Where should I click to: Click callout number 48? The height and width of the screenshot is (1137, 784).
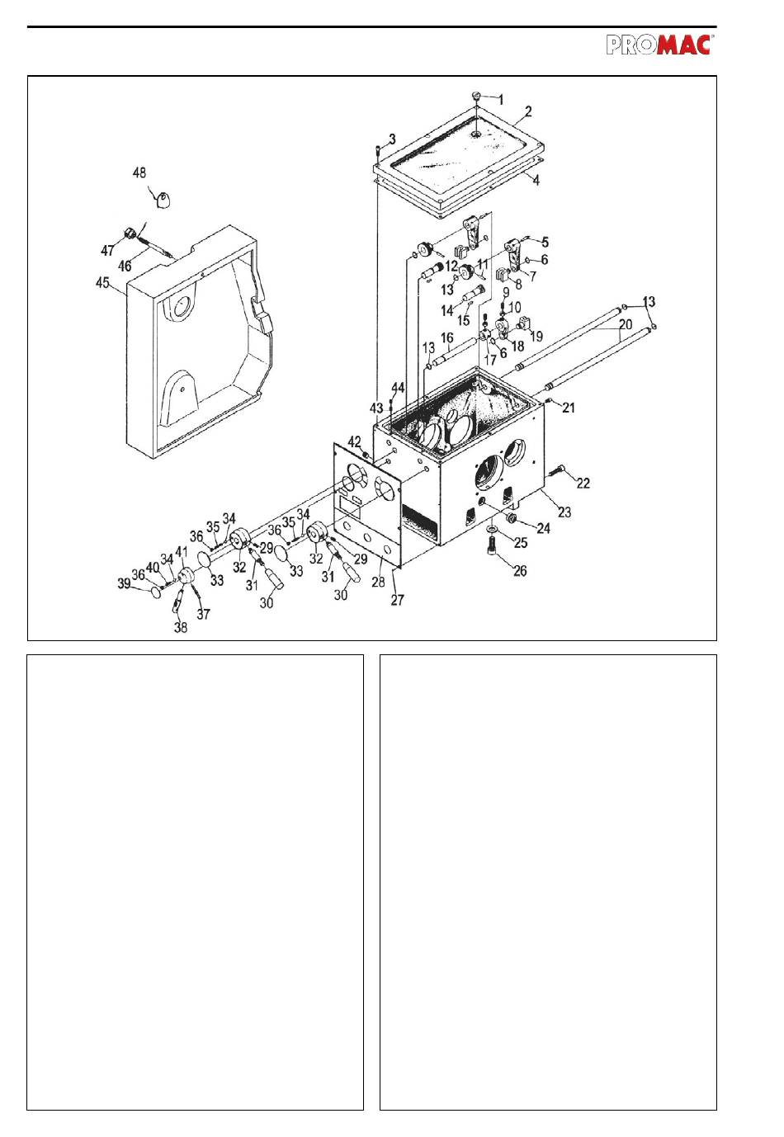pos(139,173)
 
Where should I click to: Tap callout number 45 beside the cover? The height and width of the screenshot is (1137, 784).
pos(102,283)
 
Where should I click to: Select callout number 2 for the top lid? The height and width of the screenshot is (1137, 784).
pos(528,111)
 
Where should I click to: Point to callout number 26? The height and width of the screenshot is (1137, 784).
pos(520,570)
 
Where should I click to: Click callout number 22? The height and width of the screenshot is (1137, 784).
pos(583,483)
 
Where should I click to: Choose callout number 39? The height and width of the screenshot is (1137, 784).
pos(124,583)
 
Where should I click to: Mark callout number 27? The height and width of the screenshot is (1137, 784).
pos(397,600)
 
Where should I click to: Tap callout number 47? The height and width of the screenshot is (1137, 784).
pos(107,250)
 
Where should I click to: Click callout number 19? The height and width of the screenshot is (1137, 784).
pos(536,336)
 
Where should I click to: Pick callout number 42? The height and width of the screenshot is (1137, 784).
pos(354,442)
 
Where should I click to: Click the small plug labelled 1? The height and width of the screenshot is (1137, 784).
pos(477,96)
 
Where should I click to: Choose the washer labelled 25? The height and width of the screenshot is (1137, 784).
pos(492,530)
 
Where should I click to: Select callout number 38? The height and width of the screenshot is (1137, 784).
pos(181,627)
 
